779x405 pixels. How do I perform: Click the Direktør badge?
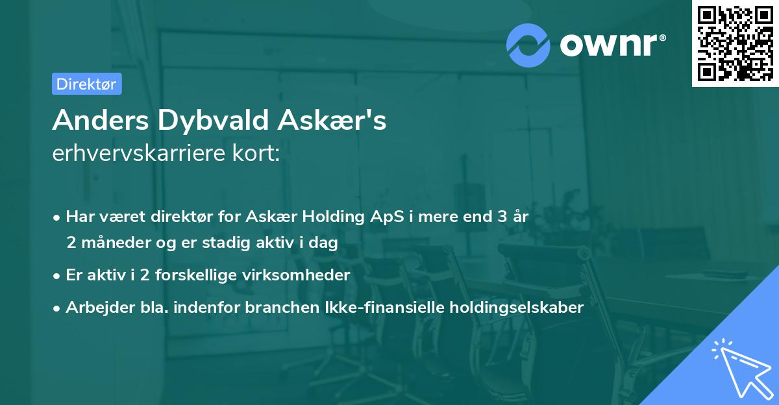click(x=86, y=84)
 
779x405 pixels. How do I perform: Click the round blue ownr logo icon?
click(x=528, y=45)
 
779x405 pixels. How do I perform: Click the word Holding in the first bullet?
click(x=329, y=217)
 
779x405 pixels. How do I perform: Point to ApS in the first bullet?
click(x=379, y=217)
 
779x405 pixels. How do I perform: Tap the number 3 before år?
click(x=502, y=217)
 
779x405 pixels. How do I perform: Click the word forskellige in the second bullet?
click(x=201, y=275)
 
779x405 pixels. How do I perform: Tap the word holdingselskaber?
click(x=510, y=307)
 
